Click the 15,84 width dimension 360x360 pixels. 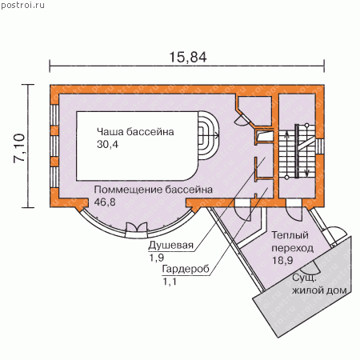(188, 57)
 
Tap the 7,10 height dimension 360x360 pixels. (19, 147)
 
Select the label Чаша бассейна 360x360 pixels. (135, 132)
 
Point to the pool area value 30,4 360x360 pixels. (107, 144)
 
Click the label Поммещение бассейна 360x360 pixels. (154, 190)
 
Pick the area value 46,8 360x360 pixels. (105, 202)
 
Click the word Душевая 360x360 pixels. (171, 246)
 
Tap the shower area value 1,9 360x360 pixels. (157, 258)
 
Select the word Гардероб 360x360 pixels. (186, 269)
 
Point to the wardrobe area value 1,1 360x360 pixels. (170, 282)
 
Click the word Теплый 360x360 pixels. (290, 235)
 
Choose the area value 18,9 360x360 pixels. (282, 260)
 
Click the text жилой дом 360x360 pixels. (319, 290)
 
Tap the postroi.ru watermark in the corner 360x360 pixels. (22, 6)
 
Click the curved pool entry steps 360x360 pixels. (209, 135)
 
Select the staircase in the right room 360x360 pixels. (297, 151)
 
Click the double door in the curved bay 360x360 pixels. (136, 227)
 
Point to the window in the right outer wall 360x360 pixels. (320, 146)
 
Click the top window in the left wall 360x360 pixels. (54, 114)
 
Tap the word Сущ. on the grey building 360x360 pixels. (304, 278)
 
